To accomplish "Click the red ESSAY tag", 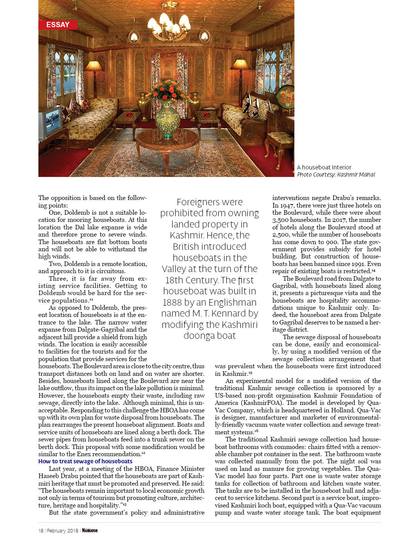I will click(x=58, y=25).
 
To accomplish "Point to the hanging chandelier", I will click(x=169, y=23).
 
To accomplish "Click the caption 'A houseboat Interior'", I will click(x=324, y=167).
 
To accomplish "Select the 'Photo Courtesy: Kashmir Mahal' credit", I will click(x=336, y=174).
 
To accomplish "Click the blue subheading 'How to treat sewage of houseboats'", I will click(x=85, y=461).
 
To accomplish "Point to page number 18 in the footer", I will click(x=41, y=530).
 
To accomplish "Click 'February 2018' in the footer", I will click(x=62, y=530).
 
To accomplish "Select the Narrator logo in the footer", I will click(x=90, y=530).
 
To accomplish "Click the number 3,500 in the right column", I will click(x=281, y=220).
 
